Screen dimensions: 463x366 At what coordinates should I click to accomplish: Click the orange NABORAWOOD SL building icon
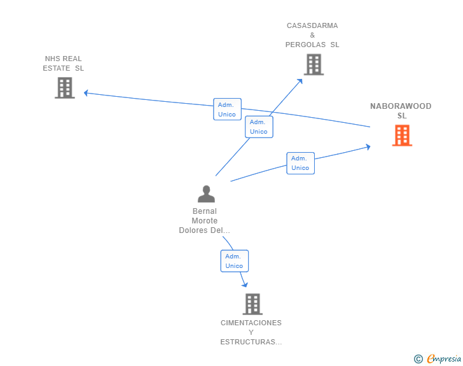click(402, 136)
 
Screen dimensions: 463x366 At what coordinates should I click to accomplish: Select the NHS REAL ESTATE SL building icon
click(65, 88)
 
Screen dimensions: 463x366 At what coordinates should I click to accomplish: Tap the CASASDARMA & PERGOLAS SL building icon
click(314, 64)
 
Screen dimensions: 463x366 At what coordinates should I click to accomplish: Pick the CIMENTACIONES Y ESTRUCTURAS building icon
click(252, 304)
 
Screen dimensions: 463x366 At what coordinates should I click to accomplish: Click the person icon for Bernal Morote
click(206, 194)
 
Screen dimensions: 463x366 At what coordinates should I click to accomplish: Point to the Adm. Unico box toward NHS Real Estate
click(228, 109)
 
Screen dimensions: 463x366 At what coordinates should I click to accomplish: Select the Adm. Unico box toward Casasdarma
click(259, 127)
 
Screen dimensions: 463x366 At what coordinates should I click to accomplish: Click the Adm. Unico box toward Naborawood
click(300, 163)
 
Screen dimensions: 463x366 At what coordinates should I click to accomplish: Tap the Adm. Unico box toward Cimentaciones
click(235, 261)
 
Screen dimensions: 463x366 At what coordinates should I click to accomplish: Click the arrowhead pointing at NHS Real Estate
click(86, 93)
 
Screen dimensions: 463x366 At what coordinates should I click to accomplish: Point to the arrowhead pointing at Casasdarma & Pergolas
click(300, 81)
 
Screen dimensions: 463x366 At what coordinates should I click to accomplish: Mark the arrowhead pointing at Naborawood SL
click(368, 147)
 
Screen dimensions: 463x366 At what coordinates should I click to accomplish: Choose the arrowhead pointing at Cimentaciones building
click(245, 285)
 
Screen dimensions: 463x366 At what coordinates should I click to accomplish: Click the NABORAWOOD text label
click(401, 106)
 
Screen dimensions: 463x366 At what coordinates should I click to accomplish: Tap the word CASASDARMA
click(312, 25)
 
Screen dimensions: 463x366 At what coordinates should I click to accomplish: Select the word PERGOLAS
click(305, 45)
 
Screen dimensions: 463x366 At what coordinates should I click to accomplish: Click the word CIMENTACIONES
click(251, 323)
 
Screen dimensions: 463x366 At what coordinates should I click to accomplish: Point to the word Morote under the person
click(205, 221)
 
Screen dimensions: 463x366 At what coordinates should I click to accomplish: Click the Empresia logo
click(438, 358)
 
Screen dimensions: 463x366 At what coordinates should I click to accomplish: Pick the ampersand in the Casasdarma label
click(312, 35)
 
